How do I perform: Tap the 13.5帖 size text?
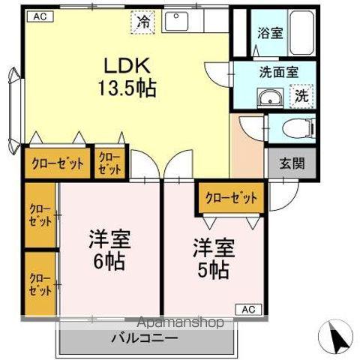126,89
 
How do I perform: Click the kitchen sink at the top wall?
178,21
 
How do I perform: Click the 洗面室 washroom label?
279,73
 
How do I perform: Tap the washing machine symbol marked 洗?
301,96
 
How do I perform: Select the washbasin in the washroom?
268,98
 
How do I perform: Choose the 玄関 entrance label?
292,163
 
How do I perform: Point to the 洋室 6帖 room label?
109,251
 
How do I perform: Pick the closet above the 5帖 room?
231,199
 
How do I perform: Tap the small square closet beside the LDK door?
109,163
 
